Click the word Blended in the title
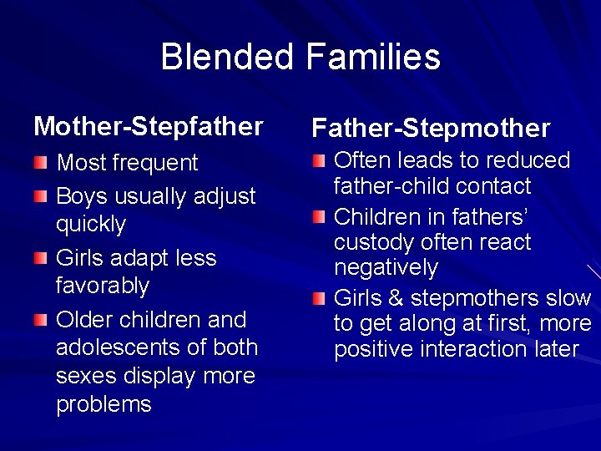click(227, 57)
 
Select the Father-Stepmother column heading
click(431, 128)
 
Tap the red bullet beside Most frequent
click(41, 161)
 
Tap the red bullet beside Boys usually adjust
click(41, 195)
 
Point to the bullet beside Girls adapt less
click(41, 257)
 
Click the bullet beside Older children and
click(41, 320)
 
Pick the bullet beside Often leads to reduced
click(319, 160)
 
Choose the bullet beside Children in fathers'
click(319, 218)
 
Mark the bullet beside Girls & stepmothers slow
click(319, 298)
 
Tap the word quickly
click(91, 225)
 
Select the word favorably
click(102, 286)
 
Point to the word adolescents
click(118, 347)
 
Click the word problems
click(104, 404)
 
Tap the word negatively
click(386, 268)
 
